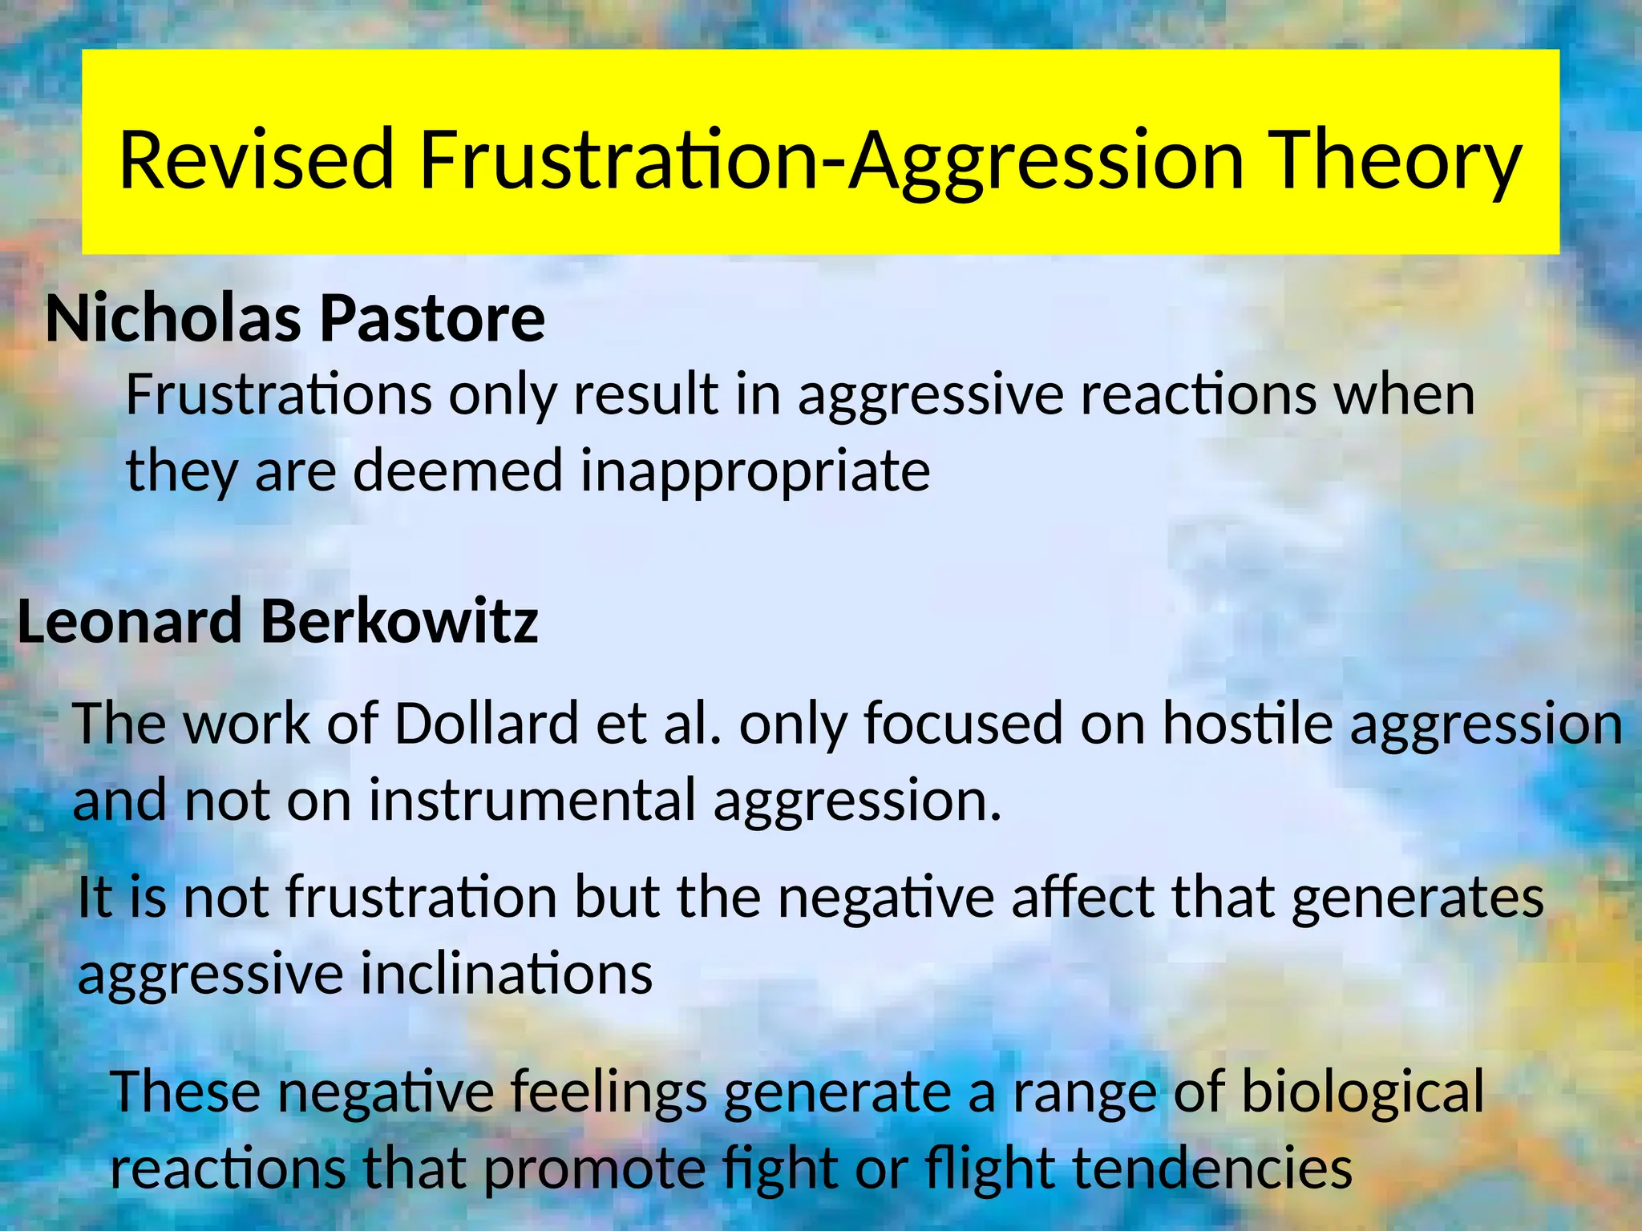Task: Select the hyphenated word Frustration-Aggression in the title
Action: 831,160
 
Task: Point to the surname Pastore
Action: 432,319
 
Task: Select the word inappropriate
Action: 755,471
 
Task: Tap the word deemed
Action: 458,471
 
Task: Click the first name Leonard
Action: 129,622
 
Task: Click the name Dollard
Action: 486,724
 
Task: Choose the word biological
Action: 1362,1092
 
